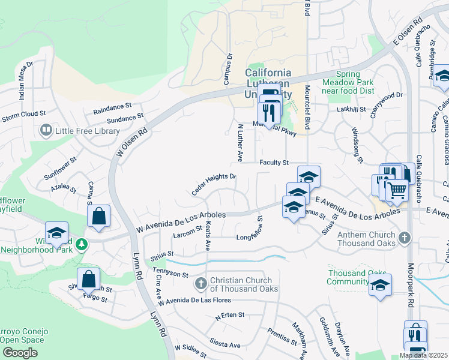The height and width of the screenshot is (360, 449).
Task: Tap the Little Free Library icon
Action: coord(45,130)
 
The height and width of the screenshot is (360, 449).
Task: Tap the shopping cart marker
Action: coord(396,191)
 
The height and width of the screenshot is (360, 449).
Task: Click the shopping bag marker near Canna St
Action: coord(99,217)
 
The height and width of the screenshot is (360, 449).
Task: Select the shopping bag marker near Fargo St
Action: coord(88,280)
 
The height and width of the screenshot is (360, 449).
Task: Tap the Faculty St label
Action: coord(274,163)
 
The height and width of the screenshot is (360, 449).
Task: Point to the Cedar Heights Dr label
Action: coord(214,185)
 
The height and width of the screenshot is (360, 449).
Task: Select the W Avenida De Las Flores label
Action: coord(194,299)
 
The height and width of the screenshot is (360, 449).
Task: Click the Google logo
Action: coord(20,353)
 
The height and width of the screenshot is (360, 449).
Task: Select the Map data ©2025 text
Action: coord(423,356)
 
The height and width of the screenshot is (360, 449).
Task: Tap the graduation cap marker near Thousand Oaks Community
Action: coord(380,285)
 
